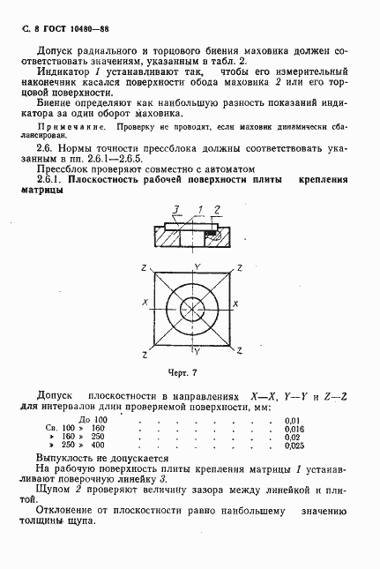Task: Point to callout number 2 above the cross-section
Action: tap(215, 208)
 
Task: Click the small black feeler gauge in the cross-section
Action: tap(212, 232)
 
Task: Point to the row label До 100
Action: tap(93, 419)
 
